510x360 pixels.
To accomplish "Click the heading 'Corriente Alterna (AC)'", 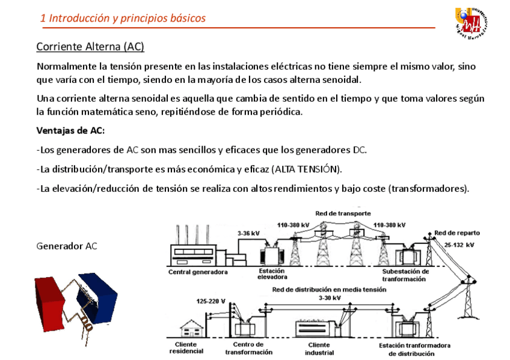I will [90, 46].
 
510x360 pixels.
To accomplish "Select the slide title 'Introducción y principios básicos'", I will [123, 18].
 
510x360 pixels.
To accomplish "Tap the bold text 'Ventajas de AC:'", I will [70, 131].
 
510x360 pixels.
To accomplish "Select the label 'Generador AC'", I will [67, 246].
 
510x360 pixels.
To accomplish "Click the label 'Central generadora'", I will [198, 272].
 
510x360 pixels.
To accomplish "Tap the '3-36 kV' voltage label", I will [248, 233].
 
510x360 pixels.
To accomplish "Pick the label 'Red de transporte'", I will [343, 213].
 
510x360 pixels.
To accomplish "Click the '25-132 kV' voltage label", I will [459, 245].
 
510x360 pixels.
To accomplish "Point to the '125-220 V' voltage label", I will [211, 301].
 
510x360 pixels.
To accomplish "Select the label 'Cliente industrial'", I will [319, 348].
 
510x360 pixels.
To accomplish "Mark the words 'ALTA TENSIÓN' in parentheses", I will [306, 169].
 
